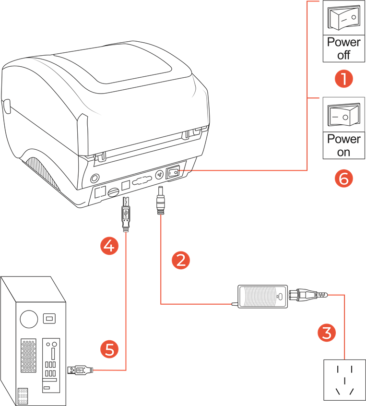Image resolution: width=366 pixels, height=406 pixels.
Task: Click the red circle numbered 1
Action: (x=343, y=79)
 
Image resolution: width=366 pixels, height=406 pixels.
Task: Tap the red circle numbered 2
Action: (x=181, y=260)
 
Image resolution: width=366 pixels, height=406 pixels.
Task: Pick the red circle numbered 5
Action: (x=109, y=349)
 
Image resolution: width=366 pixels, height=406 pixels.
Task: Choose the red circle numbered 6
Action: (x=343, y=179)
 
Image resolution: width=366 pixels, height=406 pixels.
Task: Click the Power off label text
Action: (x=343, y=48)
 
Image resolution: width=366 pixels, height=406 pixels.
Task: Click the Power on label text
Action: (x=343, y=145)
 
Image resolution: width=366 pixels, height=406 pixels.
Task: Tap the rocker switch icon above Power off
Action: (x=343, y=17)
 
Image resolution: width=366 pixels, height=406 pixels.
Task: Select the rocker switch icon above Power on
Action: (x=343, y=115)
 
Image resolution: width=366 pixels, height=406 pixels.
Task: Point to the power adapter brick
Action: (x=262, y=297)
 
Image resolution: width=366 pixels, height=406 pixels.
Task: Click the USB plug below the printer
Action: (x=125, y=214)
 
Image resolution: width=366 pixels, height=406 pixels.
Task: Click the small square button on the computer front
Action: (x=48, y=318)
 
